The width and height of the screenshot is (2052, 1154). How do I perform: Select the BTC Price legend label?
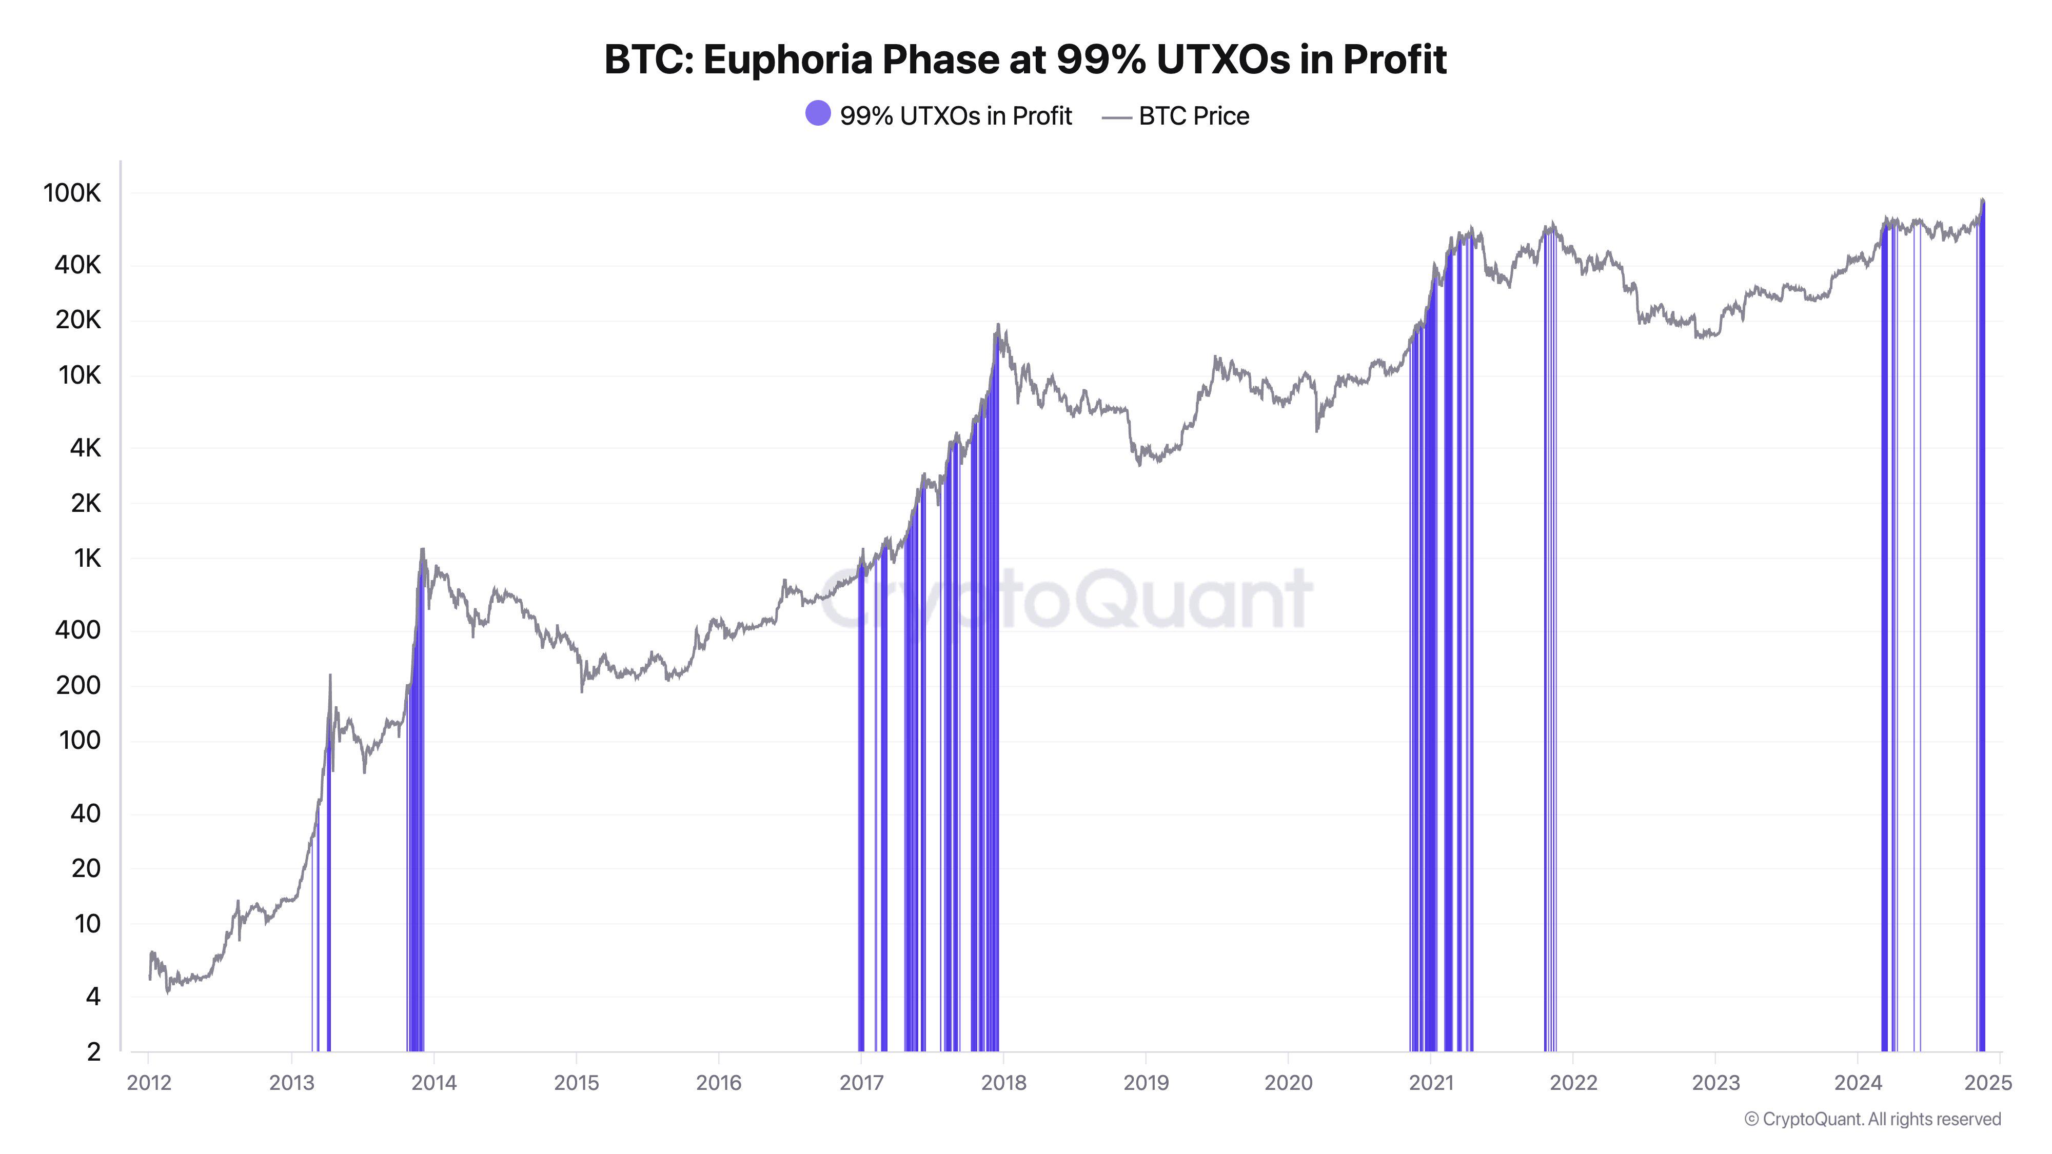[x=1193, y=116]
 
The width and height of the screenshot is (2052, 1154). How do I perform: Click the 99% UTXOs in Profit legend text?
[x=955, y=116]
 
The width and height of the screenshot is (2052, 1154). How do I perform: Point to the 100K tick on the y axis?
[x=72, y=193]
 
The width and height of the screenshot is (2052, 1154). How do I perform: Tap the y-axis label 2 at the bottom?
[x=93, y=1051]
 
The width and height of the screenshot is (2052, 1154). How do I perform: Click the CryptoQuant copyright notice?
[x=1872, y=1119]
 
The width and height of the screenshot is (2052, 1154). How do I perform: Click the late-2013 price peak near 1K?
[x=422, y=549]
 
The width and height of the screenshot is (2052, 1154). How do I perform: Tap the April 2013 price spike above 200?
[x=330, y=676]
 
